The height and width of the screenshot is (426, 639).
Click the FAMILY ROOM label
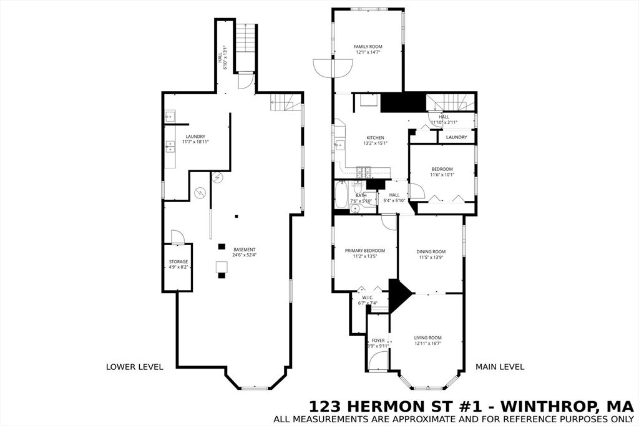[x=368, y=47]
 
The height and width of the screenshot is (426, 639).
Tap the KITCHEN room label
[x=375, y=138]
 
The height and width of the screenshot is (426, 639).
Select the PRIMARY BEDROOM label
[x=365, y=251]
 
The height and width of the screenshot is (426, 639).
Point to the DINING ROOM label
[x=431, y=252]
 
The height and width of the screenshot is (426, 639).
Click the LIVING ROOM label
[x=428, y=338]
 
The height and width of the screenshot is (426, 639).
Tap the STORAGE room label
[x=178, y=262]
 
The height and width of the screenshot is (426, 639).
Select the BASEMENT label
[x=244, y=250]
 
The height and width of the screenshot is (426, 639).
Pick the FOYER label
[x=378, y=341]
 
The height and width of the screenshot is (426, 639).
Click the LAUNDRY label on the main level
[x=456, y=137]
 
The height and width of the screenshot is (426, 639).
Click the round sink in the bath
[x=356, y=210]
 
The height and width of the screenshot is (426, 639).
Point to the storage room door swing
[x=177, y=236]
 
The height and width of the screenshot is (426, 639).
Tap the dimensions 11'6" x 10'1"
[x=443, y=175]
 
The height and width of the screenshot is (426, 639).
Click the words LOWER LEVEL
[x=135, y=367]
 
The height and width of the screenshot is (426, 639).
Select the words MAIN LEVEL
[x=500, y=367]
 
